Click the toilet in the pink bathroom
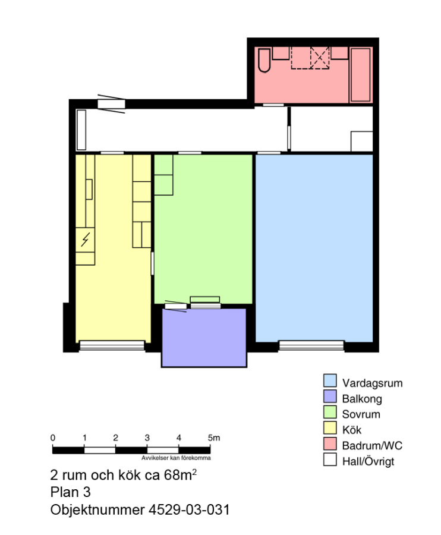pos(264,61)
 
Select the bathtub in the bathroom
pos(361,75)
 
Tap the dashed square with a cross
pos(320,58)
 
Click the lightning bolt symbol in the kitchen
pos(85,240)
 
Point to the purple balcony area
pos(204,338)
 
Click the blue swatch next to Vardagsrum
pos(330,380)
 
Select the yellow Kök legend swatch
pos(330,428)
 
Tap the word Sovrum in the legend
pos(361,414)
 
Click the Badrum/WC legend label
pos(372,446)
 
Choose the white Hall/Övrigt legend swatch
pos(330,460)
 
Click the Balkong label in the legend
pos(362,399)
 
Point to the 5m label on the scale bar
pos(214,438)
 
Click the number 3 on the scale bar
pos(147,438)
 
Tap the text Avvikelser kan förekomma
pos(176,458)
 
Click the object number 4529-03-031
pos(189,510)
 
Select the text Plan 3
pos(70,492)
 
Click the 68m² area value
pos(180,474)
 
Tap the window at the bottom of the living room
pos(311,345)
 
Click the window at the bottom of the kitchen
pos(112,345)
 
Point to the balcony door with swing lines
pos(176,306)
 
